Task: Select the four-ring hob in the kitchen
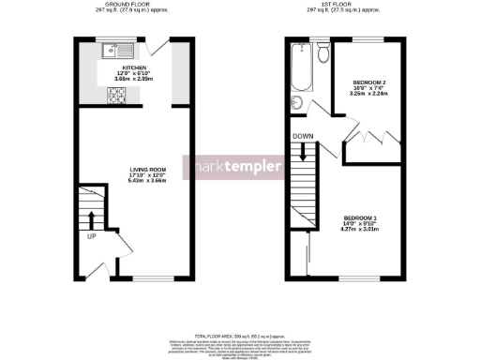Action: tap(120, 93)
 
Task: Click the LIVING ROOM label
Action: tap(145, 170)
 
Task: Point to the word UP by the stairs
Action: tap(91, 236)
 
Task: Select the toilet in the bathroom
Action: tap(322, 53)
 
